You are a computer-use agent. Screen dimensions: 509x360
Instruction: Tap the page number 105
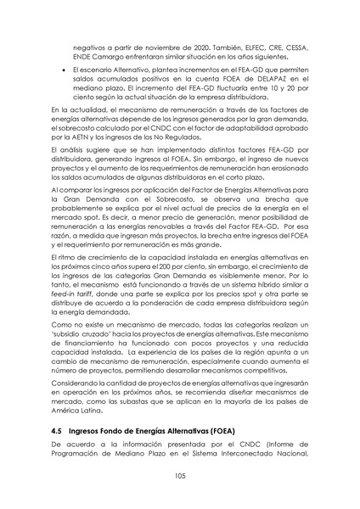[179, 474]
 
